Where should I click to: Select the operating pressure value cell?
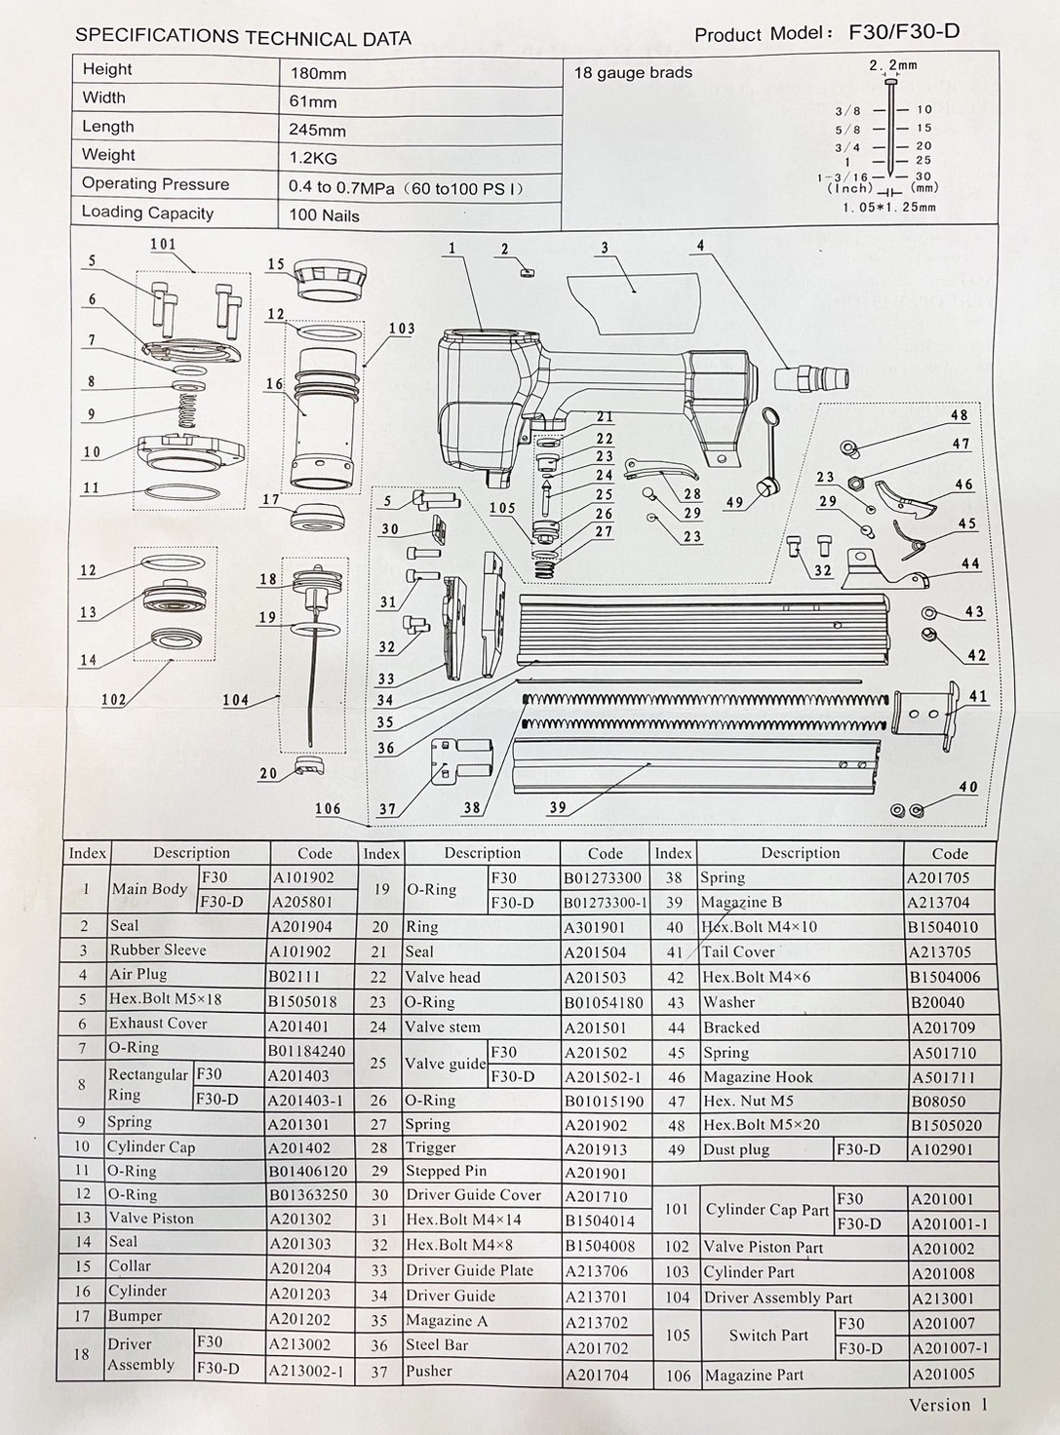point(406,187)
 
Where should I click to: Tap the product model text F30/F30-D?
point(904,31)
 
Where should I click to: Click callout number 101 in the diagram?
point(163,244)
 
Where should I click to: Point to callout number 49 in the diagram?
point(734,503)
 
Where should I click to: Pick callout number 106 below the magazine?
point(328,809)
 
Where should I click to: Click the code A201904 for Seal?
point(302,927)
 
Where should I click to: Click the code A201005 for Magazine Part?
point(943,1375)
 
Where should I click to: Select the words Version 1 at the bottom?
point(948,1405)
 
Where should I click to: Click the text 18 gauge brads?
point(633,73)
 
